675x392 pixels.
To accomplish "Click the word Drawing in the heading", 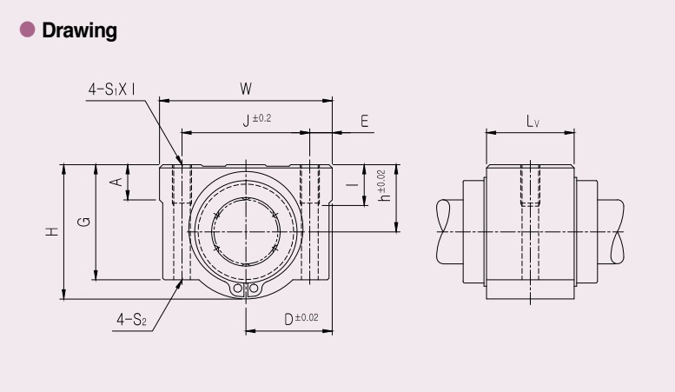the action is tap(79, 30).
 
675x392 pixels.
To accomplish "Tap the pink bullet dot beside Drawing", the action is tap(28, 30).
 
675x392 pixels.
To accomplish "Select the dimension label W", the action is tap(245, 89).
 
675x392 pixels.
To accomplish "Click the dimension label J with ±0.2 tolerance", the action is tap(257, 120).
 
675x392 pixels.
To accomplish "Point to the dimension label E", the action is tap(364, 121).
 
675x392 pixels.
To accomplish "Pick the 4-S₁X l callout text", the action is tap(111, 90).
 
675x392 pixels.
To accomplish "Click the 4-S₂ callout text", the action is tap(132, 320).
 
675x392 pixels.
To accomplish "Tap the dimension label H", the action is tap(51, 231).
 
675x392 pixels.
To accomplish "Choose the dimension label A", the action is tap(116, 182).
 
